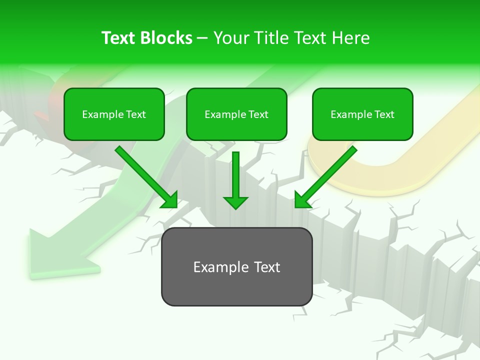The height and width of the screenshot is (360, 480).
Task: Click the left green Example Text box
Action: [x=114, y=114]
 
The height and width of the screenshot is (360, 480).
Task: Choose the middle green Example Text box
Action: [x=236, y=114]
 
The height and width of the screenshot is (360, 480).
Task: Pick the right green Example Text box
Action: [x=362, y=114]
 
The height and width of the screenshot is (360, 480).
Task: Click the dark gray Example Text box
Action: [x=236, y=267]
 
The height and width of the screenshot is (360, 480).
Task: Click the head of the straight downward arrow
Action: [x=235, y=202]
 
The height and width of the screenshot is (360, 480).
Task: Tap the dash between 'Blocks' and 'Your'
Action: [x=203, y=38]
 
